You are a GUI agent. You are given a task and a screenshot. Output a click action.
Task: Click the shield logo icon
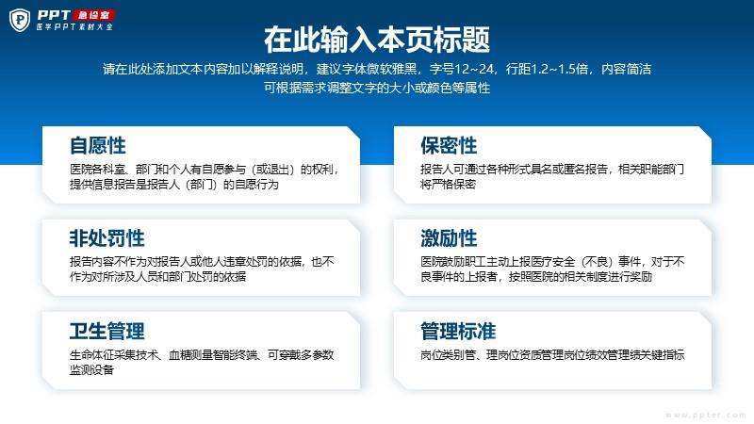tap(20, 20)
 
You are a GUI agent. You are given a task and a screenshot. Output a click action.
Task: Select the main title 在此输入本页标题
tap(377, 40)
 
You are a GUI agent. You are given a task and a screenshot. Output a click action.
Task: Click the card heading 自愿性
tap(98, 146)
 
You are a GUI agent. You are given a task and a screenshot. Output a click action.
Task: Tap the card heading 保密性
tap(449, 146)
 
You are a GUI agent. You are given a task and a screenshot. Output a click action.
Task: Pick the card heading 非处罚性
tap(107, 238)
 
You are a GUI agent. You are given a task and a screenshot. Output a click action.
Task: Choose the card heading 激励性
tap(449, 238)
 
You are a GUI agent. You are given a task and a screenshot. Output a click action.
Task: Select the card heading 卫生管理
tap(107, 332)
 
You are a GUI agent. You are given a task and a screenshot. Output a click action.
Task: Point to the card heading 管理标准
tap(458, 332)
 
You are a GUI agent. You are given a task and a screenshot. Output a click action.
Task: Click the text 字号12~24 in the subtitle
tap(462, 69)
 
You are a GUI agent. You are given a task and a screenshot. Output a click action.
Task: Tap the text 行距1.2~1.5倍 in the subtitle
tap(548, 69)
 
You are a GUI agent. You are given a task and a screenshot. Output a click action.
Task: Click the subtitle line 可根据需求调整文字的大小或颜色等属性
tap(377, 88)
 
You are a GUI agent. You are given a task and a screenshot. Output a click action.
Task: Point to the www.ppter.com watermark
tap(705, 415)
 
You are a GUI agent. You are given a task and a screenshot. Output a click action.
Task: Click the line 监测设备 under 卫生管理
tap(91, 369)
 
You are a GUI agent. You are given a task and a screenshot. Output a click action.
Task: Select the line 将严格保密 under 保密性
tap(449, 184)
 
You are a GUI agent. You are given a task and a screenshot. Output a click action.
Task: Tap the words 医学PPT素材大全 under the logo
tap(74, 27)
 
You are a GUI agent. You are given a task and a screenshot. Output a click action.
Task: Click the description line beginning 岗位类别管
tap(552, 355)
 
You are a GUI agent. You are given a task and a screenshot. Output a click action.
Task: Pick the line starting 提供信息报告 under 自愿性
tap(174, 184)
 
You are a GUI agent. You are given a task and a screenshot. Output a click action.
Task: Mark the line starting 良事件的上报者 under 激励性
tap(536, 276)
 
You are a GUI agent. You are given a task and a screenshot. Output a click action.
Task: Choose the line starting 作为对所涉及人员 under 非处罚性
tap(157, 276)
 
